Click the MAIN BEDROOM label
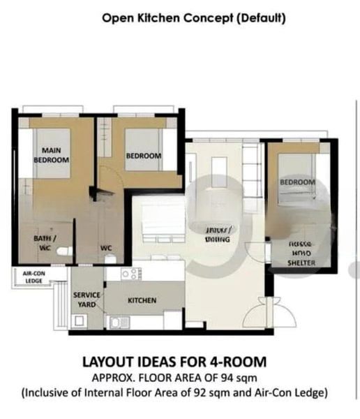(52, 154)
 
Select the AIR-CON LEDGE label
(33, 277)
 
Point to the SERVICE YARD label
(87, 300)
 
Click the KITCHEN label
(141, 300)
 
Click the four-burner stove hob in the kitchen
(130, 274)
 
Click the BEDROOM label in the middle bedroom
(143, 156)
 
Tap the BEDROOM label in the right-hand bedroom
(297, 182)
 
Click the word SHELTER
(301, 263)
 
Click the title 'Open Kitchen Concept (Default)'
(193, 18)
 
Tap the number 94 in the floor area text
(230, 378)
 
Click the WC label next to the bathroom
(106, 247)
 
